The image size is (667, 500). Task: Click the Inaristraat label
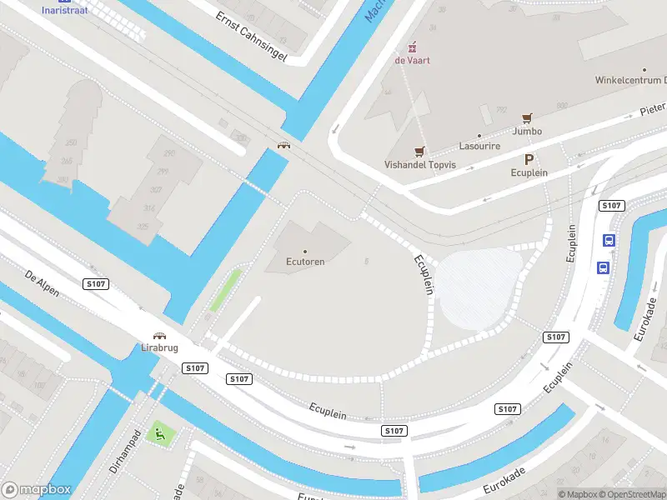(64, 10)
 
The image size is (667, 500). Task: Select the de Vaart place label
(412, 61)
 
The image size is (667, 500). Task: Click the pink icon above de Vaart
(411, 47)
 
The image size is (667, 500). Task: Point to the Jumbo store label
(527, 131)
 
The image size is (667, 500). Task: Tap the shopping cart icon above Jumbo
(527, 118)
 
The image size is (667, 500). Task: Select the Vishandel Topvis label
(420, 165)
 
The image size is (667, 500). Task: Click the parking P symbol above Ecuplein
(529, 159)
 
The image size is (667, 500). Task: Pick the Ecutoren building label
(304, 261)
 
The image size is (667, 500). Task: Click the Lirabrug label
(160, 347)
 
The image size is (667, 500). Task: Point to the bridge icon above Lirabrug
(160, 335)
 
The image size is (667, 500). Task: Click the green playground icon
(158, 433)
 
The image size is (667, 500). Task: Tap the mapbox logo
(37, 490)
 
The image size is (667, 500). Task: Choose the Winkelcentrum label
(629, 81)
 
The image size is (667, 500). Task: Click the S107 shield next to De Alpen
(96, 284)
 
